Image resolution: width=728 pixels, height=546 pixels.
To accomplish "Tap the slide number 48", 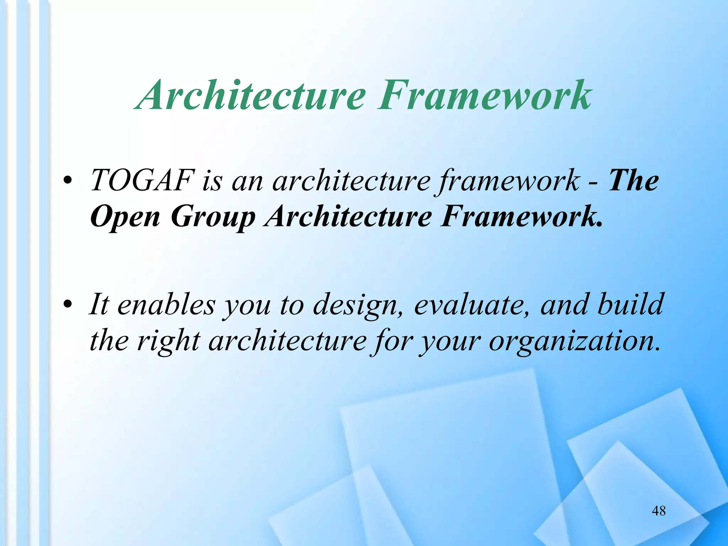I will coord(659,511).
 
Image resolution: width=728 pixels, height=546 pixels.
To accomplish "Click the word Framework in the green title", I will coord(485,95).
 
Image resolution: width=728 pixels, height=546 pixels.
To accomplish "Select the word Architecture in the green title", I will coord(252,95).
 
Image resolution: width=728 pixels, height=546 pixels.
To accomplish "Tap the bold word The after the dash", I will coord(634,181).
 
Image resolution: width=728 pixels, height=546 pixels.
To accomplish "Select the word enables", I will coord(166,305).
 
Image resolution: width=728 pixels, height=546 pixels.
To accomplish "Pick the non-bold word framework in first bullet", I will coord(509,181).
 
